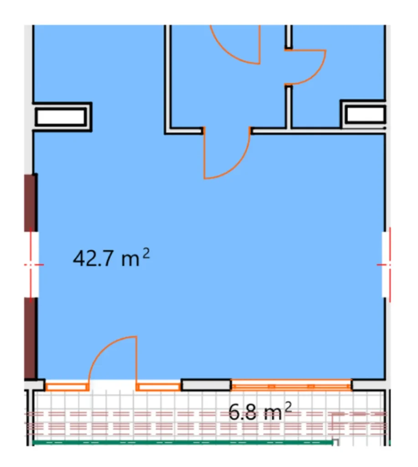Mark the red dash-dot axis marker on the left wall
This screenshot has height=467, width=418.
(31, 264)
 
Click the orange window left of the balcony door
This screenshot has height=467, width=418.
(67, 387)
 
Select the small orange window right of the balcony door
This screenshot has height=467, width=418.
(158, 387)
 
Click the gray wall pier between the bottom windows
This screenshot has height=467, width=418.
(206, 385)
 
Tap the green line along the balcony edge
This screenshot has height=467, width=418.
(182, 442)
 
